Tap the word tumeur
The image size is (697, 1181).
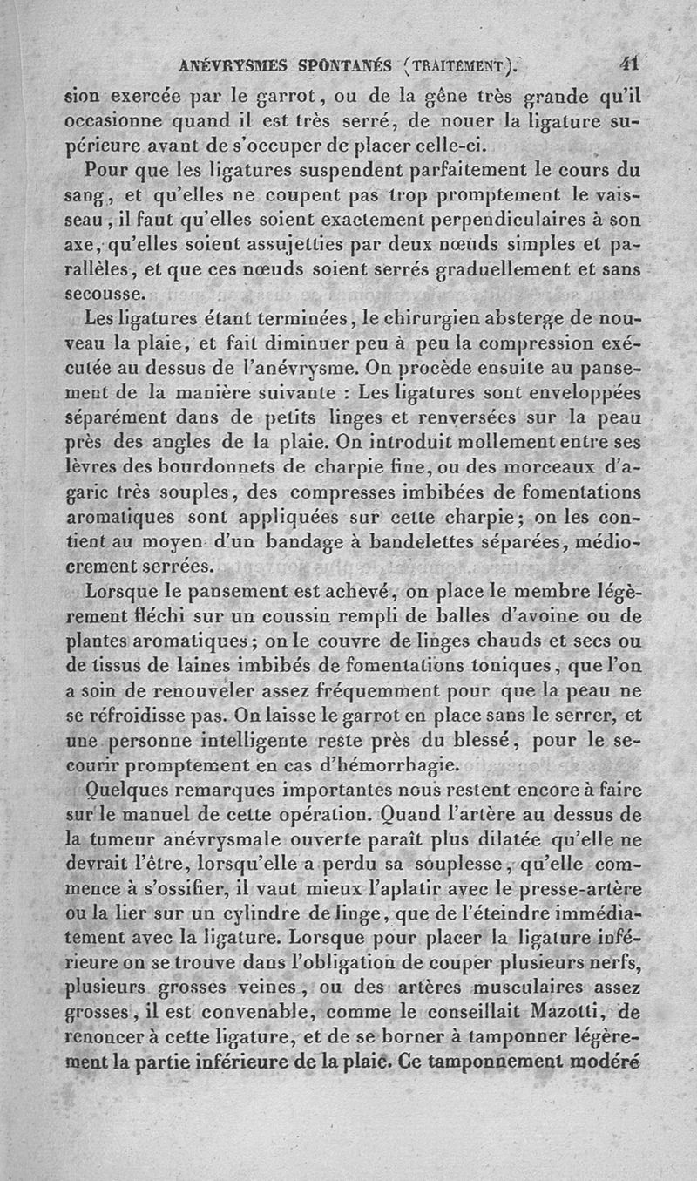(x=130, y=840)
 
